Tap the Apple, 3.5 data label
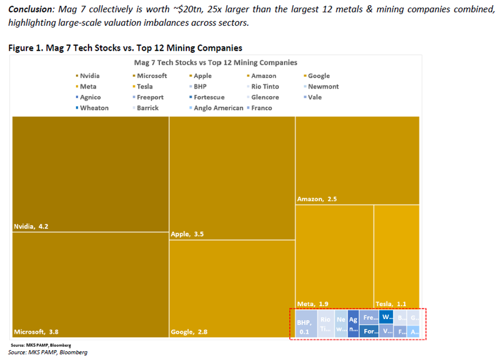187,234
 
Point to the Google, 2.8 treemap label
189,332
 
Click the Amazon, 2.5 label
317,198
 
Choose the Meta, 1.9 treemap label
313,304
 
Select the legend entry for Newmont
323,87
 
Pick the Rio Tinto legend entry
265,87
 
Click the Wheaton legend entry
94,108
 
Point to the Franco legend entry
261,108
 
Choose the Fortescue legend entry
209,97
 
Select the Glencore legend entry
265,97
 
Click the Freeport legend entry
150,97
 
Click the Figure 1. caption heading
125,48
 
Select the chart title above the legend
215,63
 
